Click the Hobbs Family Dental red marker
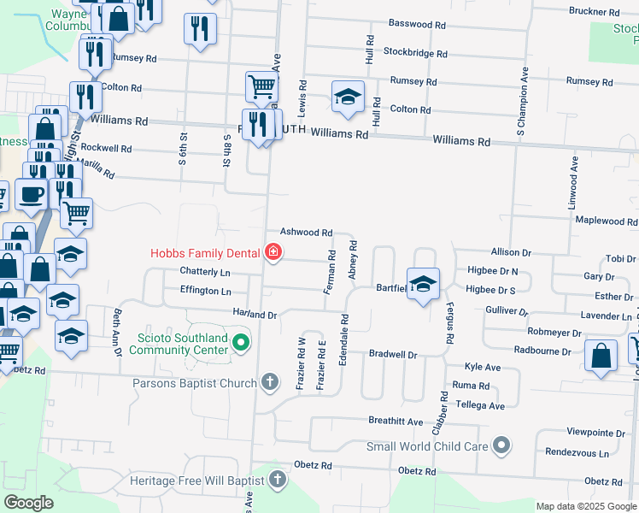(x=273, y=252)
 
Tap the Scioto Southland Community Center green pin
(x=241, y=344)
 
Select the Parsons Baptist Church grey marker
(x=271, y=382)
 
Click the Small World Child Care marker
(x=501, y=445)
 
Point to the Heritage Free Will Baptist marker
(x=278, y=481)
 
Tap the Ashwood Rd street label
(x=306, y=233)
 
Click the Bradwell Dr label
(x=392, y=354)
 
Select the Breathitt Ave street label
(x=396, y=422)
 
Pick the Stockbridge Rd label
(x=415, y=53)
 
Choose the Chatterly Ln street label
(x=205, y=272)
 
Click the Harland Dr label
(x=255, y=315)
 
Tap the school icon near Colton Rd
(x=348, y=97)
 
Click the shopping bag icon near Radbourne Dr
(x=601, y=358)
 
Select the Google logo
(x=28, y=503)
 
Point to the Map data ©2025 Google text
(x=585, y=506)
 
